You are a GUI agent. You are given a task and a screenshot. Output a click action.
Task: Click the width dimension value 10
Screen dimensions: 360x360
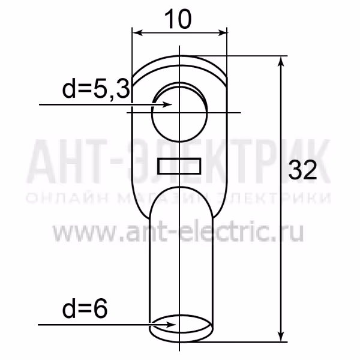point(178,20)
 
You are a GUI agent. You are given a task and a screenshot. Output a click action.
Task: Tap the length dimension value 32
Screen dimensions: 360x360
point(302,170)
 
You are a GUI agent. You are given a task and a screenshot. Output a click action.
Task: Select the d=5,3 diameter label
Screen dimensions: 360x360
point(96,90)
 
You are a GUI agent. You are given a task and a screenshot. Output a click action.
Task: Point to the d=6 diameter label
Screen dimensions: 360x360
point(85,309)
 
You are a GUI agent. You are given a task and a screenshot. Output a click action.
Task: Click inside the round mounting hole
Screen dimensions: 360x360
point(179,115)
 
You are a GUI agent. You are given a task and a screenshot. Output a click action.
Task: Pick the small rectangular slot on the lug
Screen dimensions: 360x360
point(179,166)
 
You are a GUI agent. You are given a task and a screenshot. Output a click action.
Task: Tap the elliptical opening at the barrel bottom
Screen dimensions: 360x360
point(181,324)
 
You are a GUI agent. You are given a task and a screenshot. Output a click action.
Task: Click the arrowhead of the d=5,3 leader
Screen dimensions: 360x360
point(167,104)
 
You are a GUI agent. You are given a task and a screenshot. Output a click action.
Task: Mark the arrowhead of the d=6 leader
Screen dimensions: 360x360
point(171,325)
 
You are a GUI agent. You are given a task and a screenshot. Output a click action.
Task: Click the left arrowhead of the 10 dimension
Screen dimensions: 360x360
point(137,33)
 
